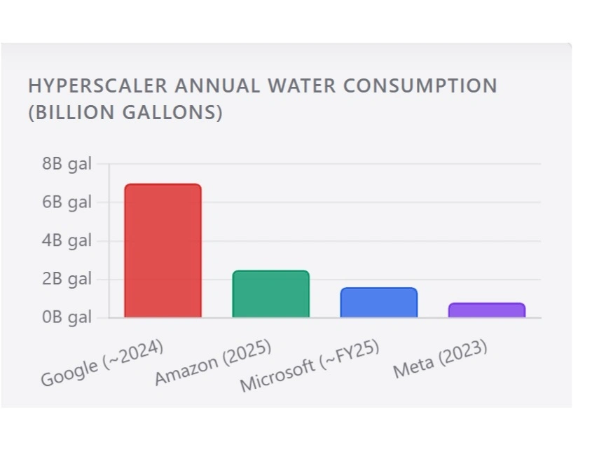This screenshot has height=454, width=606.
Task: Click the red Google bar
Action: pyautogui.click(x=163, y=251)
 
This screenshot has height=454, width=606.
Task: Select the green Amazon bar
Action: pyautogui.click(x=271, y=294)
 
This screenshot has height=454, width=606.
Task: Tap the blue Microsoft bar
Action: pyautogui.click(x=379, y=303)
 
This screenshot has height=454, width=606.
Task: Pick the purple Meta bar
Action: pyautogui.click(x=487, y=310)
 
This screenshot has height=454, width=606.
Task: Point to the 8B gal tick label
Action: pyautogui.click(x=67, y=164)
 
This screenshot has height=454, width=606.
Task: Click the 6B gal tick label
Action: pyautogui.click(x=67, y=202)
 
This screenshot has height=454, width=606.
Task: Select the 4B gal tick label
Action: pyautogui.click(x=67, y=240)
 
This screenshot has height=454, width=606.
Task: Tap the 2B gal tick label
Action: pyautogui.click(x=67, y=279)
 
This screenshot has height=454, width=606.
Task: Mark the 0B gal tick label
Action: pyautogui.click(x=67, y=317)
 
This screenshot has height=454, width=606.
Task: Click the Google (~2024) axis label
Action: pyautogui.click(x=102, y=362)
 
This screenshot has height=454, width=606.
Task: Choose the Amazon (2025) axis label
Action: pyautogui.click(x=213, y=362)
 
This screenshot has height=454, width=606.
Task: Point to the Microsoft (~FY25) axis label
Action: pyautogui.click(x=309, y=366)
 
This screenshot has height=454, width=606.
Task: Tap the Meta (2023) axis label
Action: pyautogui.click(x=440, y=359)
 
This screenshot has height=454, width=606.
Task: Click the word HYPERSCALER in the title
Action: pyautogui.click(x=98, y=85)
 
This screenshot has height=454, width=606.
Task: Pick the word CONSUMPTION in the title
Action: pyautogui.click(x=420, y=85)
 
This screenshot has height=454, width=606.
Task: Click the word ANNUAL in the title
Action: pyautogui.click(x=217, y=85)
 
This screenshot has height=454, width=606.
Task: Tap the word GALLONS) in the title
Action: pyautogui.click(x=172, y=112)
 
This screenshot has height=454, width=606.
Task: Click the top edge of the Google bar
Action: pyautogui.click(x=163, y=184)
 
